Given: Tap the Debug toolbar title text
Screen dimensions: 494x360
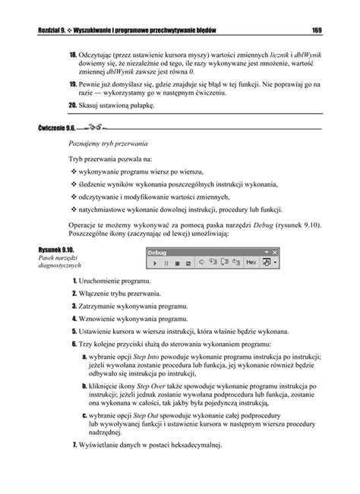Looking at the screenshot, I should click(156, 250).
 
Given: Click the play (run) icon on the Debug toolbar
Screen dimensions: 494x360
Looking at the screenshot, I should click(155, 263).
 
